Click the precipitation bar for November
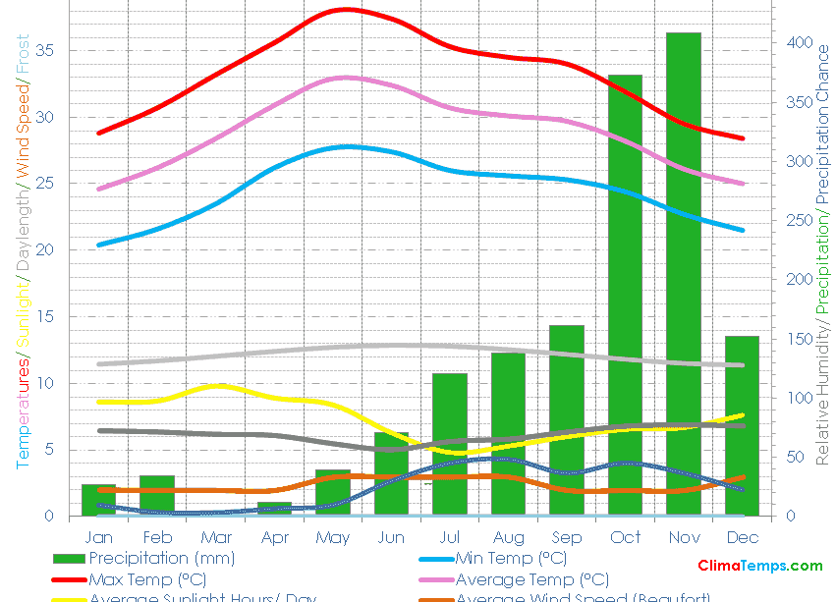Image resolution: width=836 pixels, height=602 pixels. pos(684,274)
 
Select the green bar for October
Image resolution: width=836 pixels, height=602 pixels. pos(625,295)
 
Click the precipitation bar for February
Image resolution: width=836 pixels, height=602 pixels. pos(157,495)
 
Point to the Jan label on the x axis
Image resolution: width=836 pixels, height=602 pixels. pos(98,537)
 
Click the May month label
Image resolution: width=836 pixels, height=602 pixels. pos(333,537)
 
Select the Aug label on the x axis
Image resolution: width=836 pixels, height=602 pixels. pos(508,537)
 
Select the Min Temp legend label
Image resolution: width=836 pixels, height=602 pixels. pos(511,559)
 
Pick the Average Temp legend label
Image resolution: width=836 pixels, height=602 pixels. pos(532,579)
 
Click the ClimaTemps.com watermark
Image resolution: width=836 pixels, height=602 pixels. pos(760,566)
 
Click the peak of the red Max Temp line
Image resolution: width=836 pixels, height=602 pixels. pos(345,9)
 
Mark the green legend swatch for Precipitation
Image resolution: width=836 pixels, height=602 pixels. pos(68,559)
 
